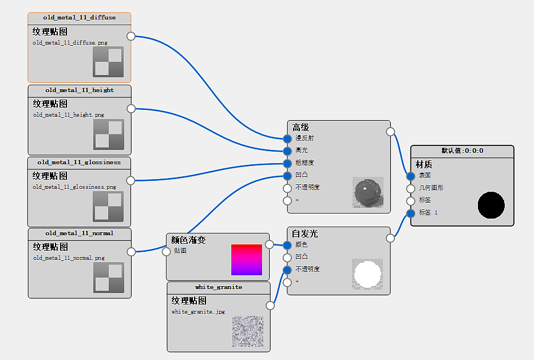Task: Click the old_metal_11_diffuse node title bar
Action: click(79, 18)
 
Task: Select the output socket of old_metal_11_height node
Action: click(131, 109)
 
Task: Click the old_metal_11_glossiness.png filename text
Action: click(74, 187)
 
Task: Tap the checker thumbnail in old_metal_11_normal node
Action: click(109, 278)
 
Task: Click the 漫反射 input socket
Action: click(287, 139)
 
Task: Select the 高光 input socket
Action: click(287, 151)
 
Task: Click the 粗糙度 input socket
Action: click(287, 163)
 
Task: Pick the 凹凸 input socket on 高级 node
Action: click(287, 176)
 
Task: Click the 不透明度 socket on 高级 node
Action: click(287, 188)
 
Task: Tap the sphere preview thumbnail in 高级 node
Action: click(368, 192)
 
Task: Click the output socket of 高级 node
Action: click(391, 132)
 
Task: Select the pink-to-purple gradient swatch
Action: click(247, 260)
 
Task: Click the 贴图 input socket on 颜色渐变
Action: click(167, 251)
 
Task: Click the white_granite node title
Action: click(219, 287)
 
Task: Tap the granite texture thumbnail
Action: click(248, 331)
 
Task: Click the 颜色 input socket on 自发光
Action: click(287, 245)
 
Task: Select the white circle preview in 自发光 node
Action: click(367, 274)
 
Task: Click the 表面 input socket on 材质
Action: click(411, 176)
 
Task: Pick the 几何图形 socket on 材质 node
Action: click(411, 188)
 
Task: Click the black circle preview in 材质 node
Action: click(491, 205)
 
